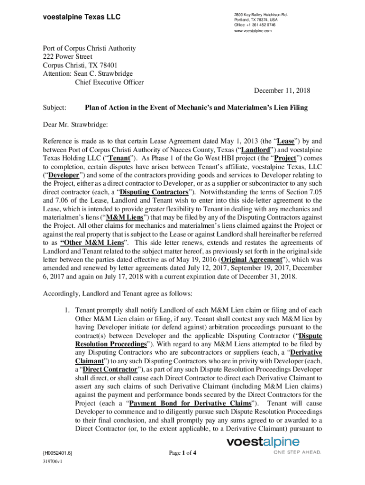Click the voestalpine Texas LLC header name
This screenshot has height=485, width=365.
82,18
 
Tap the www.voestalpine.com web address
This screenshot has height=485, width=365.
253,31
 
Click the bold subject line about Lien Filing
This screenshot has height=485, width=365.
196,108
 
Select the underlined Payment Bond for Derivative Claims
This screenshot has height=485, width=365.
190,403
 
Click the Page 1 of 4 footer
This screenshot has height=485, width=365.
182,453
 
